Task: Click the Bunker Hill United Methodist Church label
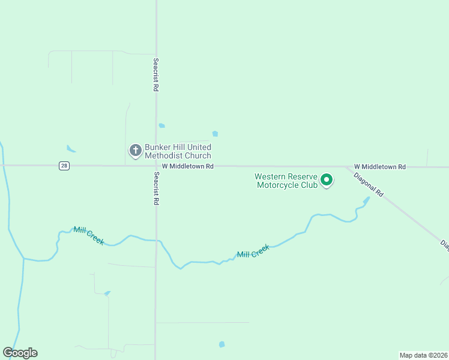tap(178, 151)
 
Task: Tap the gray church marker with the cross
tap(136, 151)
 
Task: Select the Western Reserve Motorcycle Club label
tap(285, 181)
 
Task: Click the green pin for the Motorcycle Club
tap(327, 179)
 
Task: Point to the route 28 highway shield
tap(64, 166)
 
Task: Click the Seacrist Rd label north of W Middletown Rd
tap(155, 74)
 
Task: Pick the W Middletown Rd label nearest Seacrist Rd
tap(188, 166)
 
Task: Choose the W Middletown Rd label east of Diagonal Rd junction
tap(379, 166)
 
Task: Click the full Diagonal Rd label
tap(368, 185)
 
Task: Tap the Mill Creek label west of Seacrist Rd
tap(89, 235)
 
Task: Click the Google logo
tap(20, 353)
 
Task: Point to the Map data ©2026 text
tap(423, 355)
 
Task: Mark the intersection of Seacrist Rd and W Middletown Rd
tap(156, 166)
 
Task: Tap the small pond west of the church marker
tap(71, 149)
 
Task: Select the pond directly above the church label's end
tap(215, 134)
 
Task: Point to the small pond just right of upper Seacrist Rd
tap(161, 125)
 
